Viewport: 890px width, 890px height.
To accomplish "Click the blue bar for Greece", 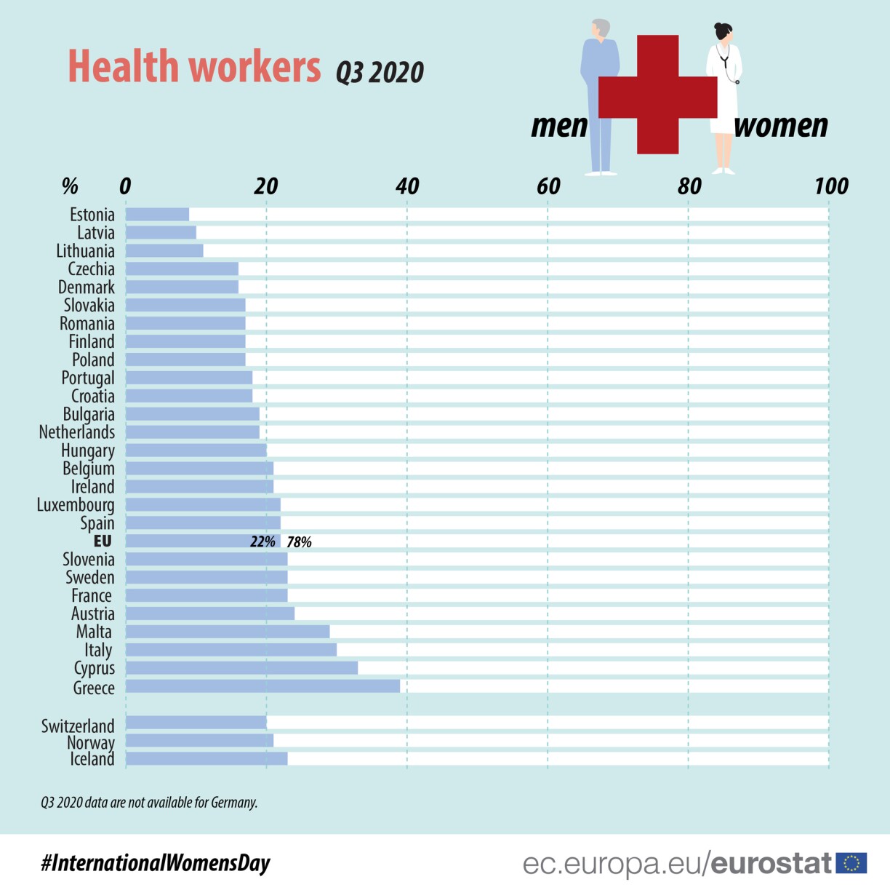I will pos(262,686).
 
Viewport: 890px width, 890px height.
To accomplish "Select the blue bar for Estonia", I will pos(157,215).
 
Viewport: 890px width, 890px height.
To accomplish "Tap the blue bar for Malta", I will pos(228,632).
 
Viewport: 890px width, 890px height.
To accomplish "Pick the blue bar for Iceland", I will pos(207,759).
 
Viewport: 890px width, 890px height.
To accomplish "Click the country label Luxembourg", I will pos(76,505).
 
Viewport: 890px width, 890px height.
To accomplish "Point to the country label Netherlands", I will pos(76,432).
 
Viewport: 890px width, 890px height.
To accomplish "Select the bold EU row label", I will pos(103,541).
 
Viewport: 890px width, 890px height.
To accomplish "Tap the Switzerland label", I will pos(78,726).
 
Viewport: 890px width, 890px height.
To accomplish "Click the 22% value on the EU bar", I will pos(262,542).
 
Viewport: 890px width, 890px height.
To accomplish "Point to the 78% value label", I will pos(299,542).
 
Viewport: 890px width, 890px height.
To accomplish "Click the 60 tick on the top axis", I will pos(548,187).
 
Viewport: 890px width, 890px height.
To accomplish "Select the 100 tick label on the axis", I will pos(831,187).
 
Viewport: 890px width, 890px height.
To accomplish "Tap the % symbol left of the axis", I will pos(70,186).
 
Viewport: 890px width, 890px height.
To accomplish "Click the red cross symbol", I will pos(657,95).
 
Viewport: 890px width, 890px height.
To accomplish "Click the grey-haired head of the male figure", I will pos(601,29).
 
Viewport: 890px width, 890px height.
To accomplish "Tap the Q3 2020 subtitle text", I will pos(380,73).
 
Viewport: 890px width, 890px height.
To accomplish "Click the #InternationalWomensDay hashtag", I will pos(156,863).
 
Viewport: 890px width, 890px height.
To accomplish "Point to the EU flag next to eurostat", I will pos(851,863).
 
